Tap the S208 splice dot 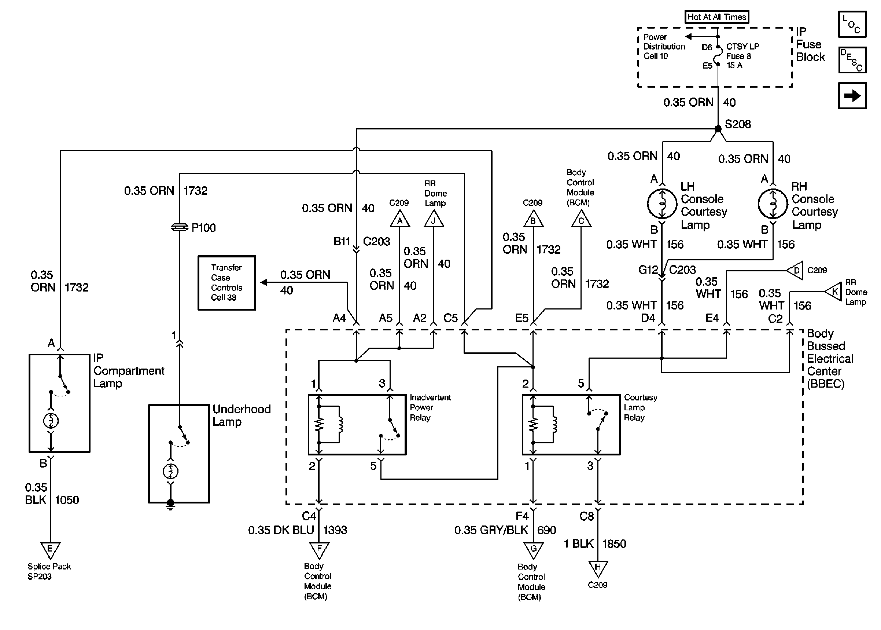click(718, 129)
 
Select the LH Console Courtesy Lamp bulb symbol click(662, 204)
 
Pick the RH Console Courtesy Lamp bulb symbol click(773, 204)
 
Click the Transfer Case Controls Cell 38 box click(227, 283)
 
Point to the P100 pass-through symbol click(180, 228)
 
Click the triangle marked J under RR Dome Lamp click(434, 219)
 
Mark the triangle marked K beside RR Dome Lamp click(832, 291)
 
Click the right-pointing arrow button click(852, 96)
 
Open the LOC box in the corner click(852, 24)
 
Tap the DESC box click(852, 60)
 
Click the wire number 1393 click(335, 530)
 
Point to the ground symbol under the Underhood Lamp click(170, 505)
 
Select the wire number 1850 click(614, 544)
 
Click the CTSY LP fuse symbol click(718, 55)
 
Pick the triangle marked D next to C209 click(795, 270)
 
